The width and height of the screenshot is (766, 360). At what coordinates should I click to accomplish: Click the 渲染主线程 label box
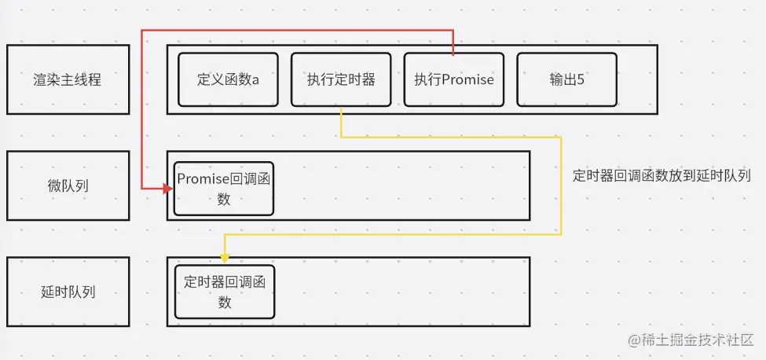coord(68,79)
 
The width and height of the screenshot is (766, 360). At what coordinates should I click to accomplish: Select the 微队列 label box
coord(68,186)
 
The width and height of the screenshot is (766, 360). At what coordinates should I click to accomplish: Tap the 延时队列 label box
coord(68,292)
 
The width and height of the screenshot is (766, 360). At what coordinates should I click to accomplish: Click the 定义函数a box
coord(229,79)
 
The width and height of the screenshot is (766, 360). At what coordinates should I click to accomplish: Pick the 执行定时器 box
coord(341,79)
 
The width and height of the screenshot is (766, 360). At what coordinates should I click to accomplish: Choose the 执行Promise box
coord(454,79)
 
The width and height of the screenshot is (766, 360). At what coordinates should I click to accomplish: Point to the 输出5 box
coord(566,79)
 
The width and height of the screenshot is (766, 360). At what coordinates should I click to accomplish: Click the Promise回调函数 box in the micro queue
coord(224,189)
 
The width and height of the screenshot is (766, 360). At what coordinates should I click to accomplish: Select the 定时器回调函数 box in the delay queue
coord(225,292)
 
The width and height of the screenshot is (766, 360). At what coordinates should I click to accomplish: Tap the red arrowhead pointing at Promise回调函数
coord(167,189)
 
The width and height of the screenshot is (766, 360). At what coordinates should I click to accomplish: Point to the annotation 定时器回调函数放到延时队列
coord(662,176)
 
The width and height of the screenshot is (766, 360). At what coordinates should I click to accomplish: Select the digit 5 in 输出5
coord(580,79)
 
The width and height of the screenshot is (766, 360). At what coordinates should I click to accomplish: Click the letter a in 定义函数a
coord(255,79)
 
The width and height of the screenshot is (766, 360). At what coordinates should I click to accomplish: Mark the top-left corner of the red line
coord(142,31)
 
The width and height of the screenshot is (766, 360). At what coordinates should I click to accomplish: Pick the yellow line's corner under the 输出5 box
coord(561,137)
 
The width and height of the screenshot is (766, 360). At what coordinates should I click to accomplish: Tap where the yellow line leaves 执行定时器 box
coord(341,107)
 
